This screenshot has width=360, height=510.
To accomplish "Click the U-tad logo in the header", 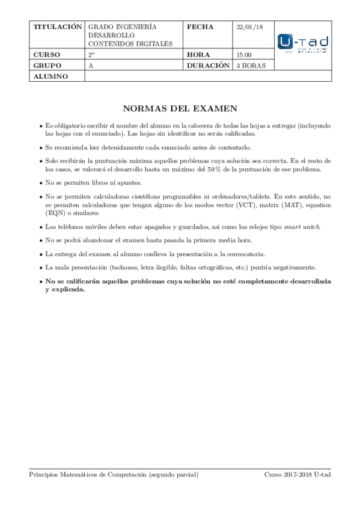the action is [x=303, y=43].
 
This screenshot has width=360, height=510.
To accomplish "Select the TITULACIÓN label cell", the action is [x=57, y=28].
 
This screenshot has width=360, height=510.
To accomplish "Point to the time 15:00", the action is [x=243, y=55].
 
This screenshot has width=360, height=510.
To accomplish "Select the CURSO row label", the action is [x=47, y=55].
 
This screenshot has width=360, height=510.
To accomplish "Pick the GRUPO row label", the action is [x=47, y=66].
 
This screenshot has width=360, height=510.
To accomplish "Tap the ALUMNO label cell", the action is [x=51, y=76].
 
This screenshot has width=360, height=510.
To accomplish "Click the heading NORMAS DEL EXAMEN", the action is [x=180, y=109].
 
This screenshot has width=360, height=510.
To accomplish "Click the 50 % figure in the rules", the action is [x=231, y=169].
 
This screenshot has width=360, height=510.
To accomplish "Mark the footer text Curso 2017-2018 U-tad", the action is [x=297, y=475].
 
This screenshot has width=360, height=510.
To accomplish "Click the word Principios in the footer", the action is [x=45, y=475].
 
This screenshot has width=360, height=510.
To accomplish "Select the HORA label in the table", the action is [x=198, y=55].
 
